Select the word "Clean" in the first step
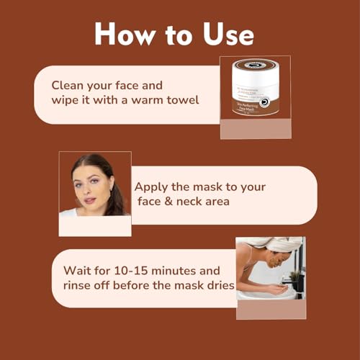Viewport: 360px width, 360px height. (68, 84)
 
